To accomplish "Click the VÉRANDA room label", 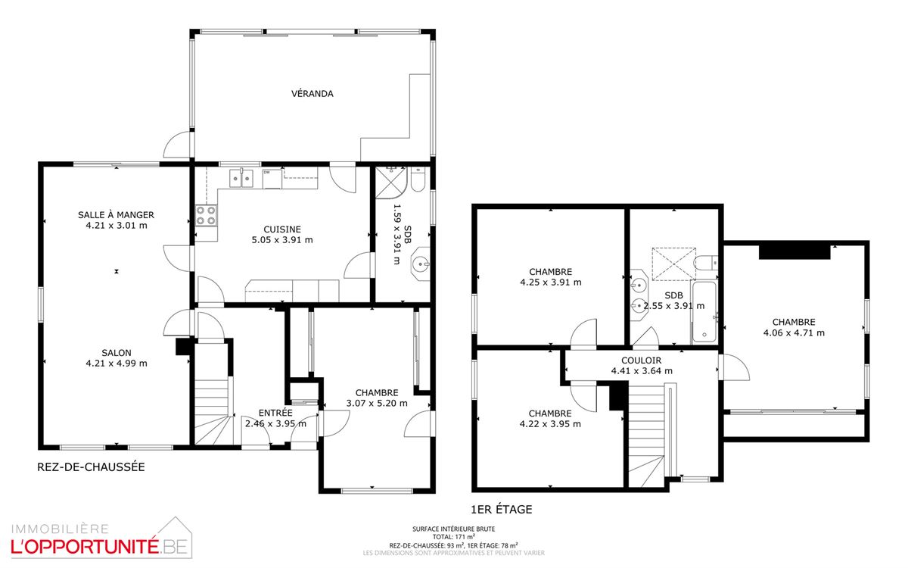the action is click(312, 94).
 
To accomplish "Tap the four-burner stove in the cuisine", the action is click(206, 215).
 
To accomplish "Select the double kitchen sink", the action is click(241, 179).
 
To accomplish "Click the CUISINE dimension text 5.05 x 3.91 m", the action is click(282, 240).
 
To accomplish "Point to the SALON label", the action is click(117, 353).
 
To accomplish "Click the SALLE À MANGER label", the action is click(116, 214).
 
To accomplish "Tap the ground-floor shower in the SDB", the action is click(390, 183).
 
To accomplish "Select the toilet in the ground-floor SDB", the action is click(418, 179).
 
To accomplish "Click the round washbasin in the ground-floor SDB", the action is click(421, 264).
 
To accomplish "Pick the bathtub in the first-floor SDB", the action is click(704, 311).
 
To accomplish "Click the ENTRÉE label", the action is click(275, 413).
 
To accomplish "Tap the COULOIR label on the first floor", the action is click(642, 360).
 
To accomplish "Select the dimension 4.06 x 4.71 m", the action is click(794, 333).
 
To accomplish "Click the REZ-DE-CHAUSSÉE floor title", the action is click(91, 467).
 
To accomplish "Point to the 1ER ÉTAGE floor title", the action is click(502, 510).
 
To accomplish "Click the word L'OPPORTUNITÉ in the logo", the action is click(84, 547).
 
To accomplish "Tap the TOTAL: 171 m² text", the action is click(453, 537).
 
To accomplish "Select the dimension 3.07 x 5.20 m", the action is click(377, 403).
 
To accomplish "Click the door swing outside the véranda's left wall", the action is click(177, 144).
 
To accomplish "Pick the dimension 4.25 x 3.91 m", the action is click(551, 282).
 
